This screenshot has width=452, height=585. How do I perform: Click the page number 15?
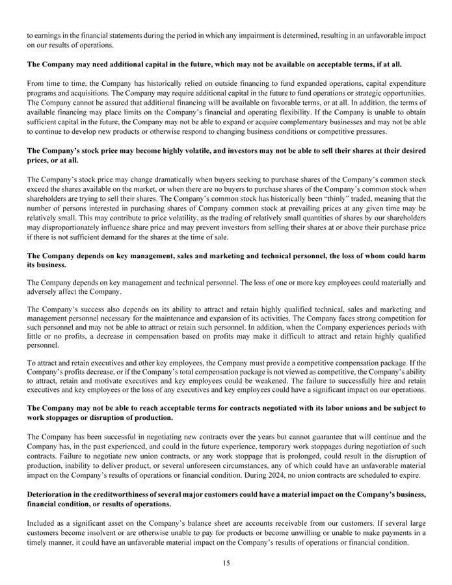click(226, 564)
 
